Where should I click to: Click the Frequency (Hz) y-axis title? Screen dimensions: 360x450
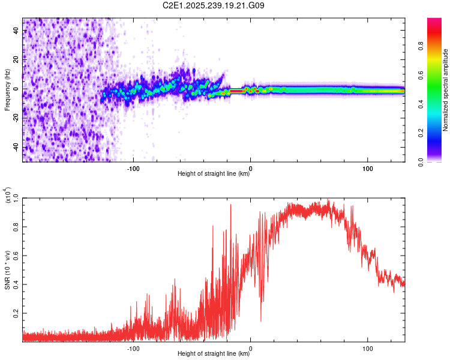(x=7, y=89)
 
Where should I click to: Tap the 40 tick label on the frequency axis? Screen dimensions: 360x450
(x=16, y=32)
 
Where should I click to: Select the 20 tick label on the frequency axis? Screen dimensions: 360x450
(x=16, y=61)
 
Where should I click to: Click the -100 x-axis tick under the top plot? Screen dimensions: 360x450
(x=133, y=168)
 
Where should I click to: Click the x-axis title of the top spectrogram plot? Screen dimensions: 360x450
(x=214, y=175)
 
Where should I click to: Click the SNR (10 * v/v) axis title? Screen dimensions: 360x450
(x=7, y=264)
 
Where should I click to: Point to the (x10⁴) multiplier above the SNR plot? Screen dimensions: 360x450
(x=8, y=196)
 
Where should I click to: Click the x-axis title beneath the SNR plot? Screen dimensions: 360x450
(x=214, y=354)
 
